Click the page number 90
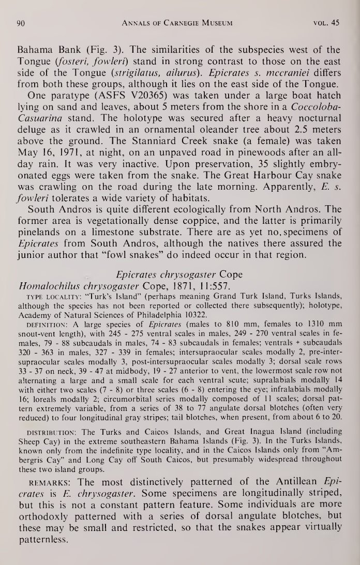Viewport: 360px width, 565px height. pyautogui.click(x=21, y=22)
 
